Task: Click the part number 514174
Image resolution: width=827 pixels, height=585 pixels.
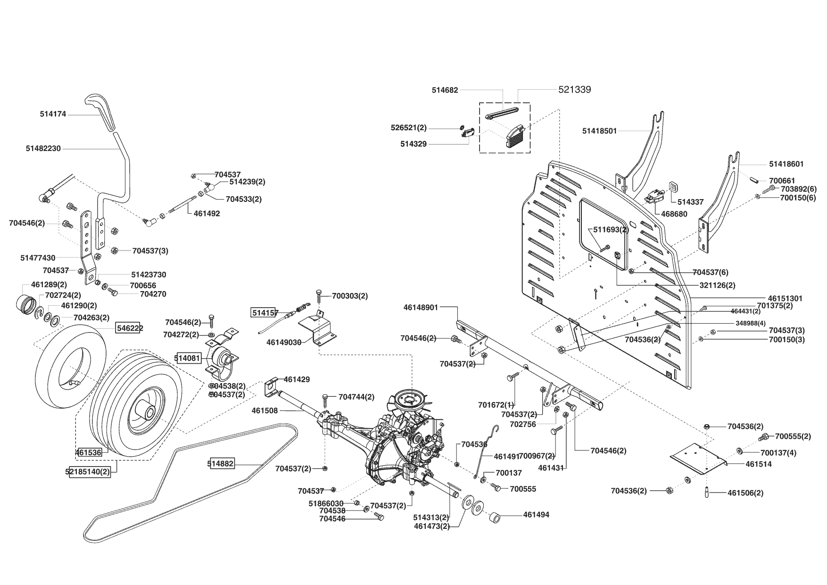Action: [53, 114]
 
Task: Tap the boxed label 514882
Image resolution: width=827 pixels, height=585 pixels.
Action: [221, 464]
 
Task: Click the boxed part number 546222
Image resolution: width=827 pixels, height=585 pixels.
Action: [130, 328]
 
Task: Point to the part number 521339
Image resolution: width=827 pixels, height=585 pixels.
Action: [574, 90]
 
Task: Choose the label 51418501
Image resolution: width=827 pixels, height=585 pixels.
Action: [599, 131]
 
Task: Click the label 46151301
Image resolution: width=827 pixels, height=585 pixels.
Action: [785, 299]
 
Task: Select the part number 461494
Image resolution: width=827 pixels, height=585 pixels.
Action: [536, 515]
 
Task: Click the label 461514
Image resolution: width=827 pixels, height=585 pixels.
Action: [759, 464]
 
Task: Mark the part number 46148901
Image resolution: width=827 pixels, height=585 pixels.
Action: [421, 307]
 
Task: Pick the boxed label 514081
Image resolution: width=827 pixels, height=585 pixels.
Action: [188, 358]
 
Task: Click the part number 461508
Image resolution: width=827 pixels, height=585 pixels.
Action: [265, 410]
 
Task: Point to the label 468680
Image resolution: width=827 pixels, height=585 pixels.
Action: [674, 214]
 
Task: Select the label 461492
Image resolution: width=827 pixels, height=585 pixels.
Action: [207, 213]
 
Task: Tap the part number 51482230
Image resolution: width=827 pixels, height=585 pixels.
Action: [43, 148]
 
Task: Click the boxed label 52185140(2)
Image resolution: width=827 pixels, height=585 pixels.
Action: [91, 471]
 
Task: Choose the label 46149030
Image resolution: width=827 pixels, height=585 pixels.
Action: [284, 342]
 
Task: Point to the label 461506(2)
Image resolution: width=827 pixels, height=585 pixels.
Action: [745, 493]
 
